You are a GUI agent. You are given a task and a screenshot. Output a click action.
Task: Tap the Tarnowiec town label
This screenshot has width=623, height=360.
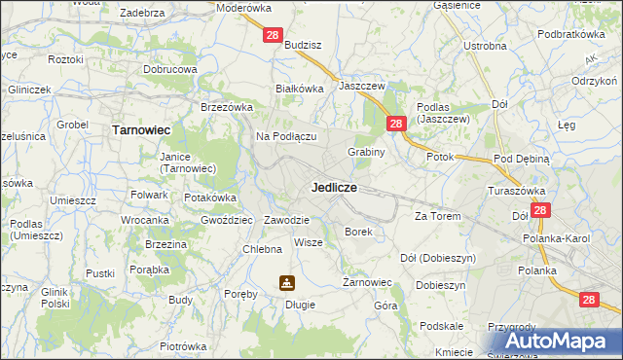point(142,128)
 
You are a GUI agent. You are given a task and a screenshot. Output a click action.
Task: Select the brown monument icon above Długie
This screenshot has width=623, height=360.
point(287,283)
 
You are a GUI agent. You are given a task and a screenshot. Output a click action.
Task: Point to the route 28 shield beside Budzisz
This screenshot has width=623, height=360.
point(273,35)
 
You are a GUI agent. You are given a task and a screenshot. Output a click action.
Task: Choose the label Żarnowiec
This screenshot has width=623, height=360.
point(367,283)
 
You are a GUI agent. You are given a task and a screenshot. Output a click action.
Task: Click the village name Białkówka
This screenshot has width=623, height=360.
point(299,88)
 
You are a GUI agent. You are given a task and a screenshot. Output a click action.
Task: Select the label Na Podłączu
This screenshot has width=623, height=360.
point(286,136)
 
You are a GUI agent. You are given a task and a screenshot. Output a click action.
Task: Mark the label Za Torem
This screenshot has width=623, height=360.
point(436,216)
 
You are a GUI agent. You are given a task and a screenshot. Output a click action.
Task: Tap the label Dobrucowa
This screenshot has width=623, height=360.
point(170,70)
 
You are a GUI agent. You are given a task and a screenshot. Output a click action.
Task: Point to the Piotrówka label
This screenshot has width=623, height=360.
point(183,346)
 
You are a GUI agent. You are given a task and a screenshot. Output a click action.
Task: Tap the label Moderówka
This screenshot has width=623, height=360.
point(244,7)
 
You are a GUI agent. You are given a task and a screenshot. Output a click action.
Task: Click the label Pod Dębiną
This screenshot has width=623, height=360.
point(522,158)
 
